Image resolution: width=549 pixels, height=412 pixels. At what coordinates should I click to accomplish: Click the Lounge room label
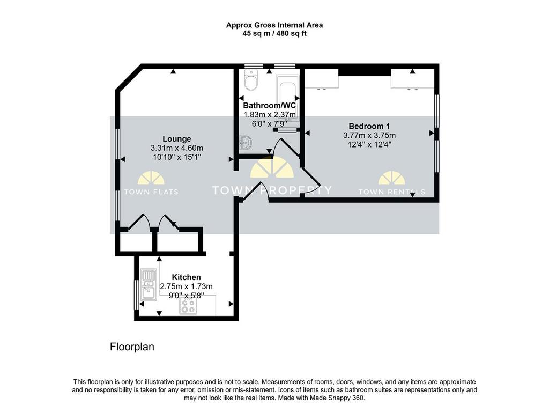coord(177,139)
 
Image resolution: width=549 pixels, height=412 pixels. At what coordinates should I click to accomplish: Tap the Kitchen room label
coord(186,277)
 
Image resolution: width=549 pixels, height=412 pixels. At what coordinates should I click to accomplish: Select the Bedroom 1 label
coord(369,126)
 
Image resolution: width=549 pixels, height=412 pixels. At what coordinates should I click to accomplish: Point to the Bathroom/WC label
coord(269,106)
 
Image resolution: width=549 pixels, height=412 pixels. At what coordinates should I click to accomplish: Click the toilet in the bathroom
coord(251,80)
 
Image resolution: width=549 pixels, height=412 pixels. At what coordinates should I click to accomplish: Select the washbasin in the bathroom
coord(246,143)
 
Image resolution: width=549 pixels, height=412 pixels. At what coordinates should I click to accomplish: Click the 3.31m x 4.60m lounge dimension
coord(177,148)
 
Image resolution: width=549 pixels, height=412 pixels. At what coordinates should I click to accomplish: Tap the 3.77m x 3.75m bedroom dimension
coord(369,136)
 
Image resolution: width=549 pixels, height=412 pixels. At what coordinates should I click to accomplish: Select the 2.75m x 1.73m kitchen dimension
coord(186,286)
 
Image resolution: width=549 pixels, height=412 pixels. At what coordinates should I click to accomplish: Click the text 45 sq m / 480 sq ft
coord(274,34)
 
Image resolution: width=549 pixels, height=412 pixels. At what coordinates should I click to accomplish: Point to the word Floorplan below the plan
coord(132,347)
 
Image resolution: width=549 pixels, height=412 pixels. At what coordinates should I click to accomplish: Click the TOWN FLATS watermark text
coord(151,192)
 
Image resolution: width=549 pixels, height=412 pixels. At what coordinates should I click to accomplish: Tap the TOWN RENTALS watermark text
coord(392,192)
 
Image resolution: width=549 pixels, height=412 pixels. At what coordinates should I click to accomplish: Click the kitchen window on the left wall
coord(136,295)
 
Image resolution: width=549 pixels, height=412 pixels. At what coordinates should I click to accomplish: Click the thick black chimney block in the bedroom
coord(365,72)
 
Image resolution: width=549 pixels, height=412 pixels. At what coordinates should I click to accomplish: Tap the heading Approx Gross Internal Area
coord(274,25)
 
